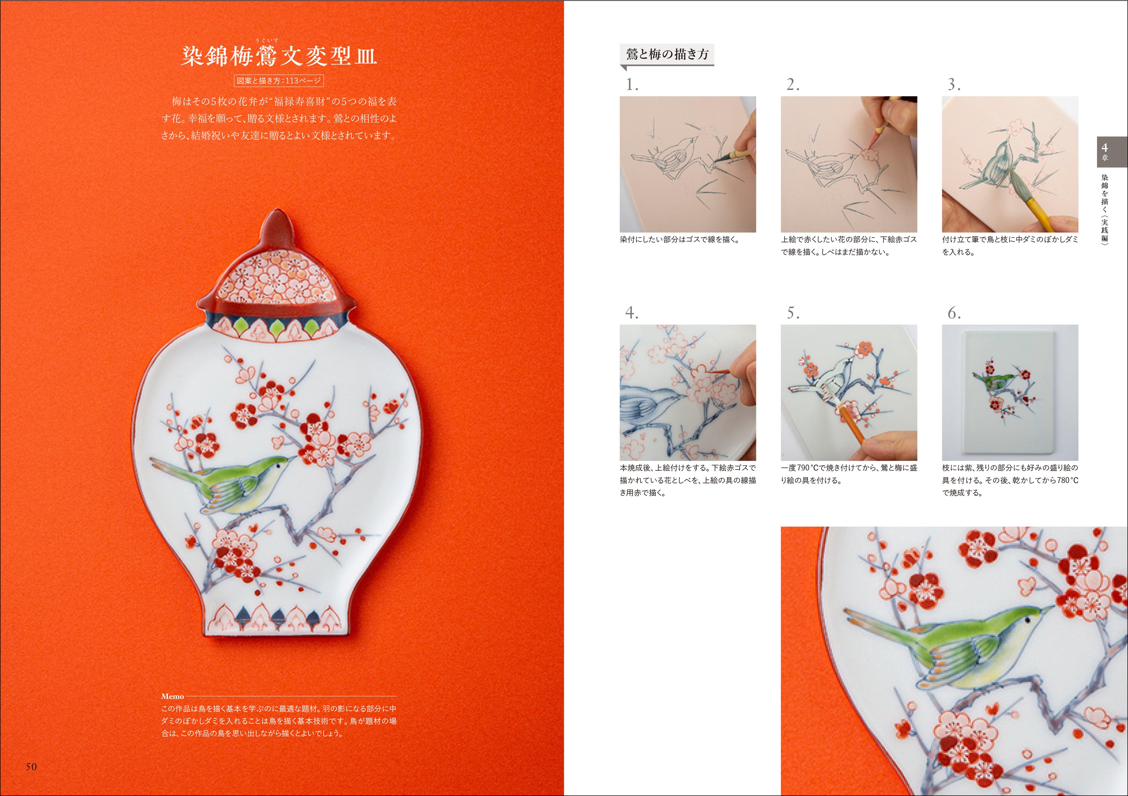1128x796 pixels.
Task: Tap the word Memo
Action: tap(172, 696)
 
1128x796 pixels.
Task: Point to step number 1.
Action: tap(632, 85)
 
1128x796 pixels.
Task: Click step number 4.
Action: tap(632, 313)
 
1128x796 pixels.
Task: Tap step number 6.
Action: tap(954, 313)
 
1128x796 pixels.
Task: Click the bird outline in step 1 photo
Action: tap(673, 157)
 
